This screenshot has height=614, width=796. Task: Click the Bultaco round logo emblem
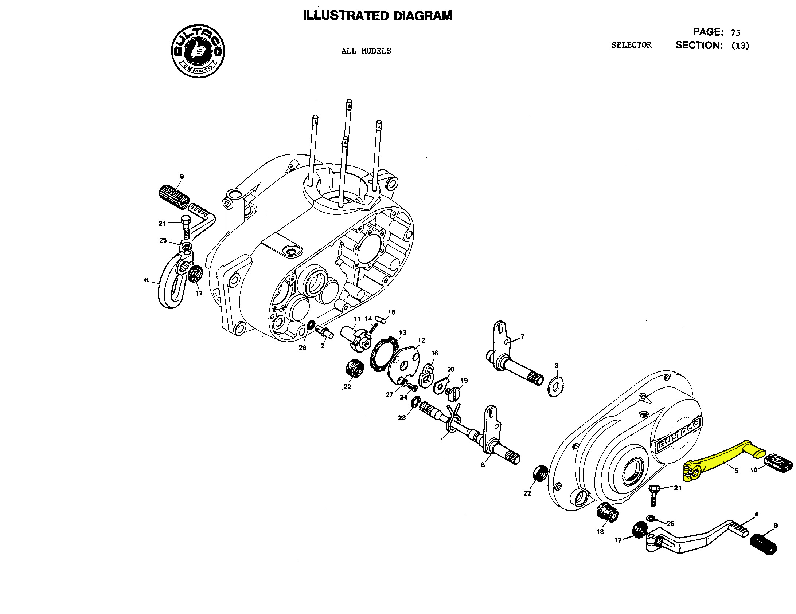(x=198, y=51)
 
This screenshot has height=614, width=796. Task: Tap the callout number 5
(x=736, y=471)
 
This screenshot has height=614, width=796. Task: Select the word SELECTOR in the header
(x=631, y=45)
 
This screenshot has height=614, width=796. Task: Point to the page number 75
(x=735, y=33)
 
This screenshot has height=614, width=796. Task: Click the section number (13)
(x=740, y=46)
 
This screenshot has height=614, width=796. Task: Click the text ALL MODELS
(x=366, y=51)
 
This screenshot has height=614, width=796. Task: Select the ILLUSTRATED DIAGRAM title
(x=378, y=16)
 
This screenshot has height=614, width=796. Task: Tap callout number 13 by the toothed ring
(x=402, y=332)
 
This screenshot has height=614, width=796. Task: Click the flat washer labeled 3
(x=555, y=386)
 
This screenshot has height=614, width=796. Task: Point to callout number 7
(x=522, y=336)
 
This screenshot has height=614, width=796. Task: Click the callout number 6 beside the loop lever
(x=146, y=280)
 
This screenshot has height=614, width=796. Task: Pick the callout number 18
(x=600, y=531)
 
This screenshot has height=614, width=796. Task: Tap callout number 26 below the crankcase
(x=302, y=348)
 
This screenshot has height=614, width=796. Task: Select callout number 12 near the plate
(x=421, y=341)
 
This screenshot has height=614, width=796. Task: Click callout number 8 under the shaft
(x=483, y=465)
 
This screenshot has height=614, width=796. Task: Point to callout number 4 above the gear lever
(x=756, y=515)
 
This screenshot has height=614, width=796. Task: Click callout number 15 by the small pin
(x=391, y=312)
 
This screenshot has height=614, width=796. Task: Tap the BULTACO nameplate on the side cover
(x=678, y=436)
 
